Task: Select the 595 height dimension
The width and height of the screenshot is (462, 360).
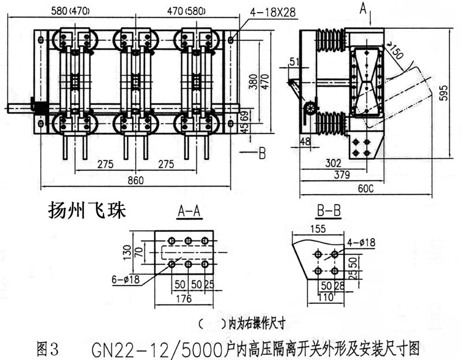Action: click(x=444, y=92)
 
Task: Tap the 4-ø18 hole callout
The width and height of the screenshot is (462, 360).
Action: click(x=362, y=242)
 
